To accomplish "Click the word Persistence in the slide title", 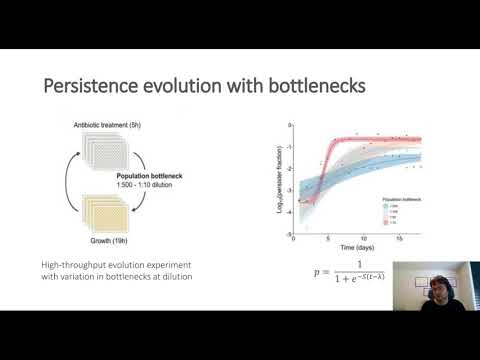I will [x=89, y=88].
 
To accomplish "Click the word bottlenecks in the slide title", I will [x=315, y=88].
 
